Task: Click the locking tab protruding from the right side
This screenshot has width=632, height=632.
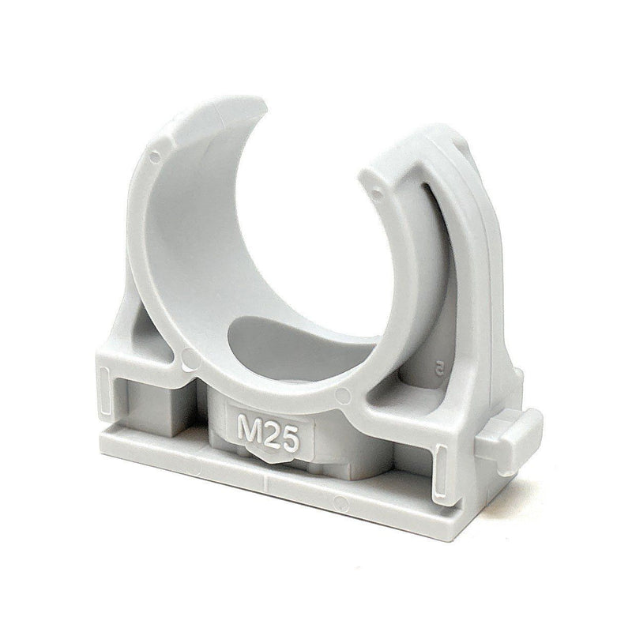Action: coord(509,440)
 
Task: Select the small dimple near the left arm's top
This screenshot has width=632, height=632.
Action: coord(154,157)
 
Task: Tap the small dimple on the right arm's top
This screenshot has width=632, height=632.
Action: coord(377,194)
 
